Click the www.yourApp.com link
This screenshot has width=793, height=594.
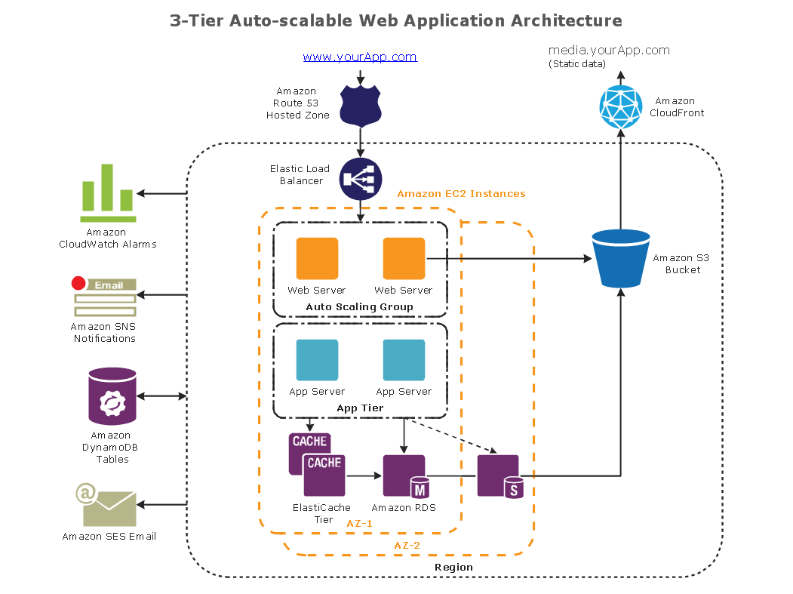tap(360, 57)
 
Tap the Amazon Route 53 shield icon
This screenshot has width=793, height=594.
tap(361, 105)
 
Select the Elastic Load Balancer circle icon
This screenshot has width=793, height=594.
tap(361, 179)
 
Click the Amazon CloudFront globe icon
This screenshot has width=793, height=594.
tap(620, 106)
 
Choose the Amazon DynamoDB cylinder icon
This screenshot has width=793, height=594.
tap(112, 396)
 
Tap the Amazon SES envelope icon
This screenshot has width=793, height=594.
tap(109, 506)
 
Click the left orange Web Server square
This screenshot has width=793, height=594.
tap(317, 259)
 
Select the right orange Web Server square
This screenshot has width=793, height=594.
tap(404, 259)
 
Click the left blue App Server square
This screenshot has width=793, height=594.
tap(317, 360)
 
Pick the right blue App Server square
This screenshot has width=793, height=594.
tap(404, 360)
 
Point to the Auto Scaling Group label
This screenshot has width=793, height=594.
tap(359, 307)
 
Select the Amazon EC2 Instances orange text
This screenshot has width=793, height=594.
tap(461, 194)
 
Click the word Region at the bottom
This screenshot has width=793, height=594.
tap(453, 567)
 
